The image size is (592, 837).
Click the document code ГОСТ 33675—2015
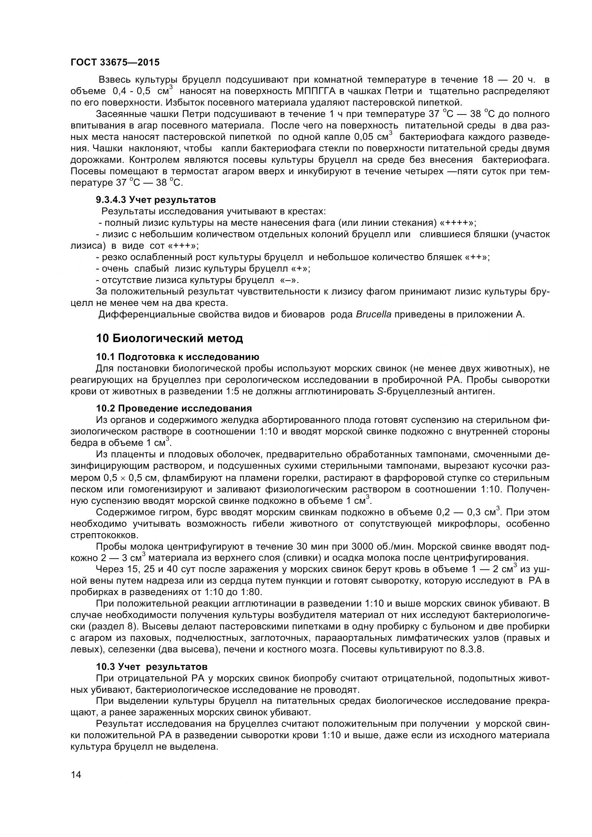point(115,62)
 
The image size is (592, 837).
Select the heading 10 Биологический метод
point(169,338)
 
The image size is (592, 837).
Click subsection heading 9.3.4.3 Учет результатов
point(156,199)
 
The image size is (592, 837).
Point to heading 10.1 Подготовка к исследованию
point(178,356)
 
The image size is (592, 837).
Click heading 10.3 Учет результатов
point(152,666)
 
